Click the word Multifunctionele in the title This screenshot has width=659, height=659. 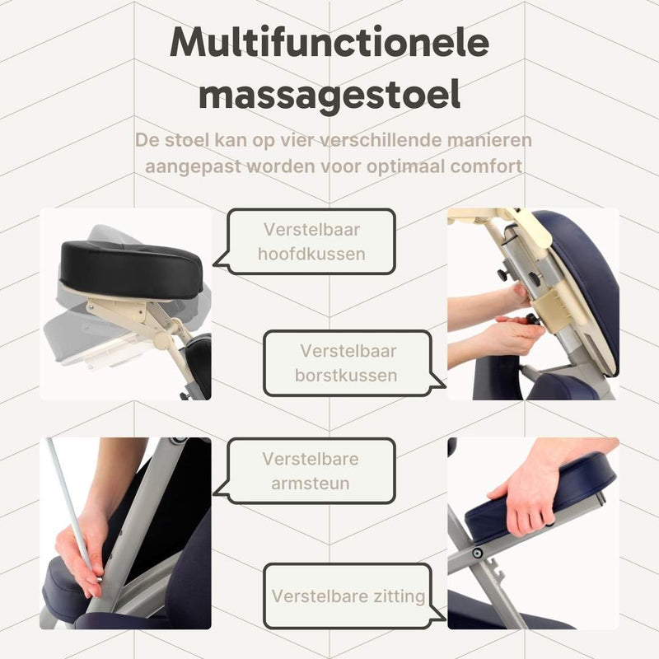[329, 43]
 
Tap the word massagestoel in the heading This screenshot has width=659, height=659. [329, 96]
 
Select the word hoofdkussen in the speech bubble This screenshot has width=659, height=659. [311, 255]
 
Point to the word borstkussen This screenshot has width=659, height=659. [346, 376]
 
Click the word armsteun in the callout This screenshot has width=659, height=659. [311, 484]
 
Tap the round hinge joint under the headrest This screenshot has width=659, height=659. [161, 339]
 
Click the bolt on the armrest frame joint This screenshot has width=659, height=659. [477, 553]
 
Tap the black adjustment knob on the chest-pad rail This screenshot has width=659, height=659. [534, 278]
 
